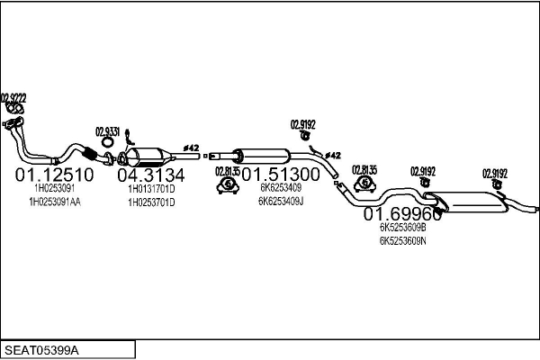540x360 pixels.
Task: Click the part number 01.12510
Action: coord(54,174)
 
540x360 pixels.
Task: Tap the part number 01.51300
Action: coord(280,174)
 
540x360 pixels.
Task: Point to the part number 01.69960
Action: coord(402,215)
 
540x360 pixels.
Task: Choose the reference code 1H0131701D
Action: coord(151,189)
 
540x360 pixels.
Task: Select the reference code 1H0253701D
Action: coord(151,202)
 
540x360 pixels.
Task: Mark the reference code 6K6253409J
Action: coord(281,202)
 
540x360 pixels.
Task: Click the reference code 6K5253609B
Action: coord(402,229)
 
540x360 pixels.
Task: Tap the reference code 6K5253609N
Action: coord(402,241)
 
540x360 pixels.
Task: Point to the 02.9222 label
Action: coord(13,97)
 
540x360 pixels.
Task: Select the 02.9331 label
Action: coord(107,130)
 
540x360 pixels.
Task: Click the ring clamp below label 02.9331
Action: coord(106,141)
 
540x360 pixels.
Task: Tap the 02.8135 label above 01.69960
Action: coord(364,169)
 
